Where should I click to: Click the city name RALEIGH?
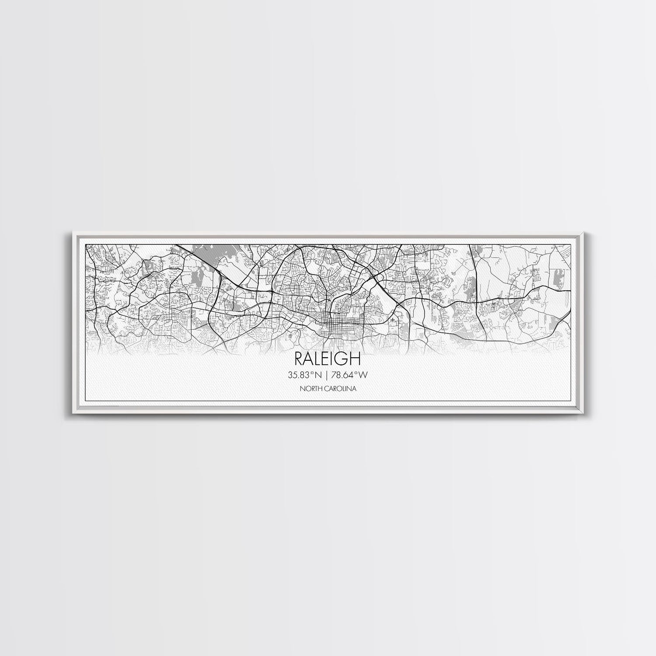328,359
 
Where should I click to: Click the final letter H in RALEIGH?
356,359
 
